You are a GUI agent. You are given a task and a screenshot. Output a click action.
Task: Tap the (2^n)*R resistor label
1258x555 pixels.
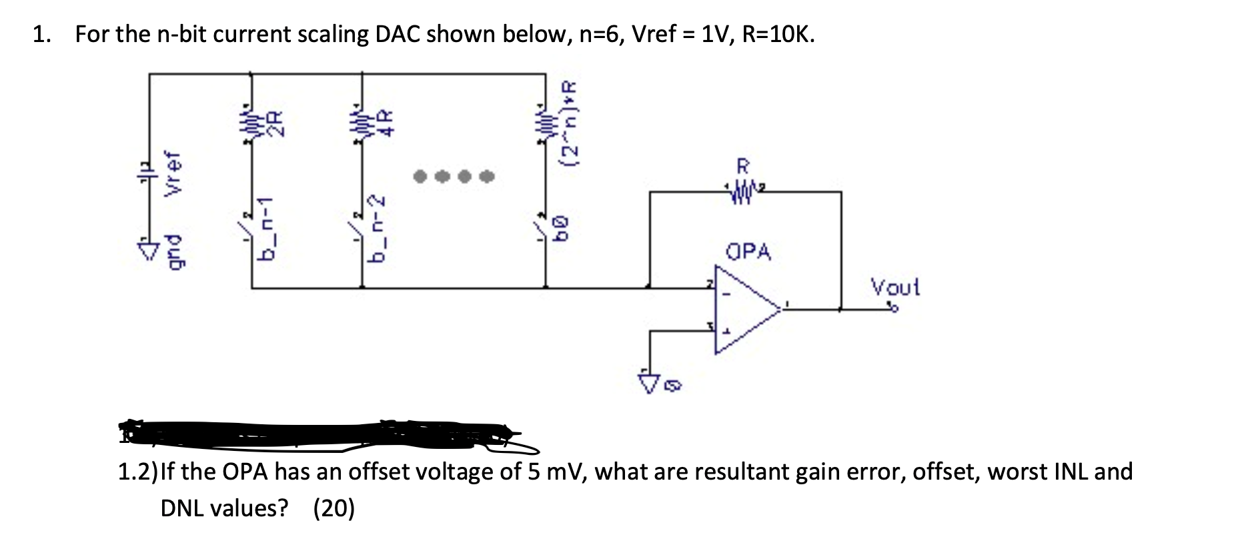tap(572, 124)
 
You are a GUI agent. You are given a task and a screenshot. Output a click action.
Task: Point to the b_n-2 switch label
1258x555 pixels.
tap(379, 228)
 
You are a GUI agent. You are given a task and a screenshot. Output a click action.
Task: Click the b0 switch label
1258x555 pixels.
tap(564, 227)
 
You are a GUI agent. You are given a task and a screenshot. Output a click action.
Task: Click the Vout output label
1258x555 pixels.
tap(894, 288)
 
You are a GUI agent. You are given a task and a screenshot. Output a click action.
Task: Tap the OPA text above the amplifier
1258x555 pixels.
tap(748, 251)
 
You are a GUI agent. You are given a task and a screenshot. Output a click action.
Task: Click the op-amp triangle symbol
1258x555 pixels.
tap(744, 309)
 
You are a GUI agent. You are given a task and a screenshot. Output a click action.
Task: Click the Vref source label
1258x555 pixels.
tap(174, 173)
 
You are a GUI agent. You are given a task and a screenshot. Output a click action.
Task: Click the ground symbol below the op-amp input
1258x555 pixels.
tap(648, 381)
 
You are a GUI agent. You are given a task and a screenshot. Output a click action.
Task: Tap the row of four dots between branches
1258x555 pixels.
tap(454, 177)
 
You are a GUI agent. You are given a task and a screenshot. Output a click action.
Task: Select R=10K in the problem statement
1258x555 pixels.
tap(778, 33)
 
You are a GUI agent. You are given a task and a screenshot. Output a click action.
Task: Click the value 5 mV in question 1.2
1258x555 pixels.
tap(557, 472)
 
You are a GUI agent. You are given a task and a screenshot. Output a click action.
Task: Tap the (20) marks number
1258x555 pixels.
tap(334, 508)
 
